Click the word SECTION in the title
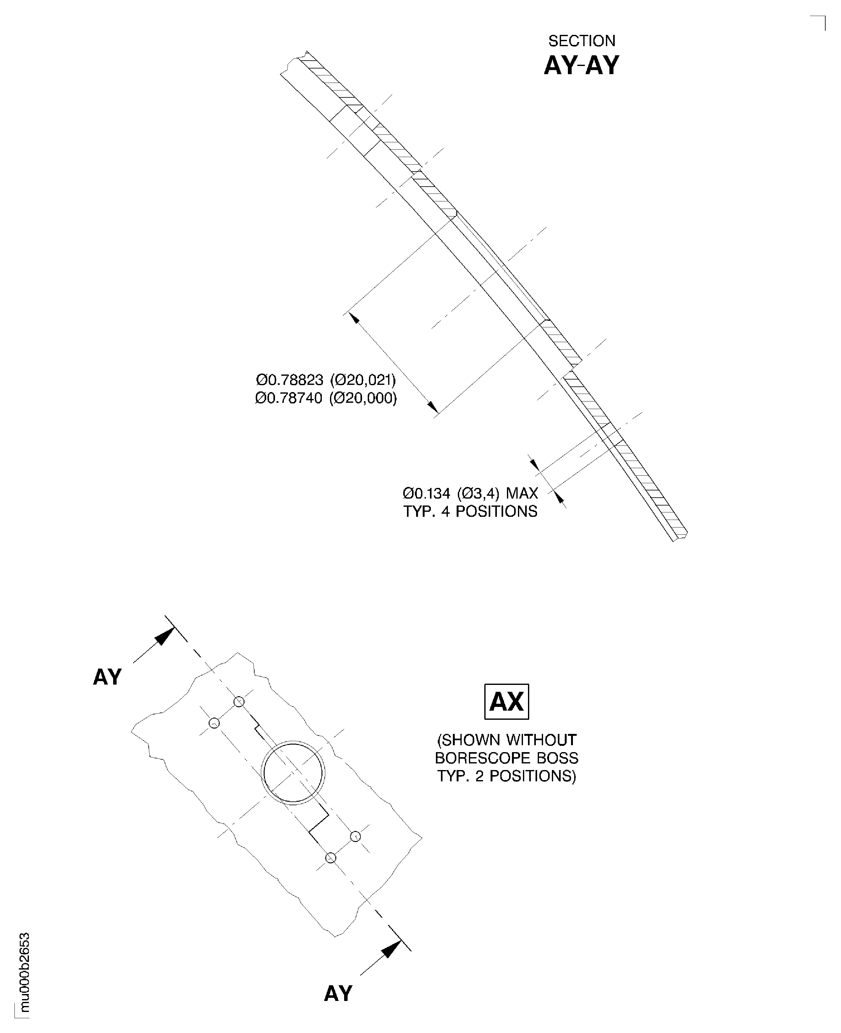[581, 41]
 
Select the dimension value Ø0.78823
[289, 379]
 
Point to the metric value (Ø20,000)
[363, 398]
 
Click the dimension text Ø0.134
[426, 494]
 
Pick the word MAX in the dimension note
[522, 494]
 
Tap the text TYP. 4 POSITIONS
[470, 511]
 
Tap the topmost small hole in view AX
[239, 701]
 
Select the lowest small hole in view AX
[330, 858]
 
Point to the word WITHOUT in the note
[541, 740]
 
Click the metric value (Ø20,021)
[363, 379]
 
